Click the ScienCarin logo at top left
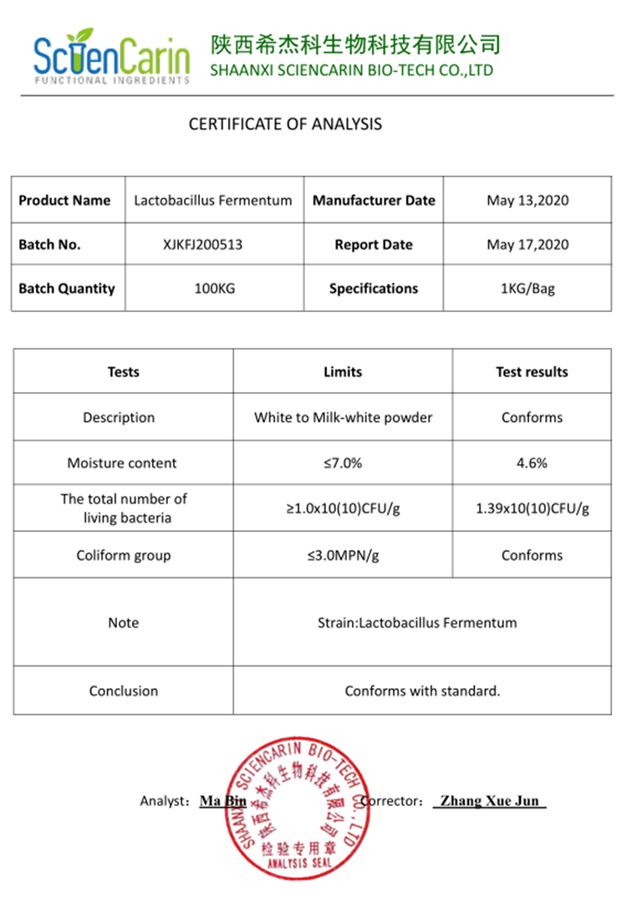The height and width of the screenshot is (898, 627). pos(111,56)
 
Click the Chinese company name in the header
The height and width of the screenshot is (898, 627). pos(355,43)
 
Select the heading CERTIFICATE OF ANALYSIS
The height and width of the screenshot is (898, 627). pos(285,125)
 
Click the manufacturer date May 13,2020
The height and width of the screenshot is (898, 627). pos(528,201)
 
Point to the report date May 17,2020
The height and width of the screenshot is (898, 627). pos(528,245)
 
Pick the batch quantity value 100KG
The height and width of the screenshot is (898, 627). pos(214,288)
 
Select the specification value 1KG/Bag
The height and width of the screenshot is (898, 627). pos(528,288)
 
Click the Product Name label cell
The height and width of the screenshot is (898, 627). pos(64,201)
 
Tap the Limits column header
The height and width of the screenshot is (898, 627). pos(343,372)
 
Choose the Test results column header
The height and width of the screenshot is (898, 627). pos(532,372)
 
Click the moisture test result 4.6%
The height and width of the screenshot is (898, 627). pos(532,463)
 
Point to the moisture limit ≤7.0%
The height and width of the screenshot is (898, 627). pos(343,463)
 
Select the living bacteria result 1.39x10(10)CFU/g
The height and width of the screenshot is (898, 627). pos(532,508)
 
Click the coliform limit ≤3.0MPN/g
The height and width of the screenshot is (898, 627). pos(343,555)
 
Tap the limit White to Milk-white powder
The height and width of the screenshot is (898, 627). pos(343,417)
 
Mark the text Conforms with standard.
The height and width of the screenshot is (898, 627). pos(422,691)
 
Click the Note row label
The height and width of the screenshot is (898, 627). pos(123,623)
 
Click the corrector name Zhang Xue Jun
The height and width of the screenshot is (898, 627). pos(490,801)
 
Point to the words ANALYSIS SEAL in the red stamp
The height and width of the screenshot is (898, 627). pos(298,863)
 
